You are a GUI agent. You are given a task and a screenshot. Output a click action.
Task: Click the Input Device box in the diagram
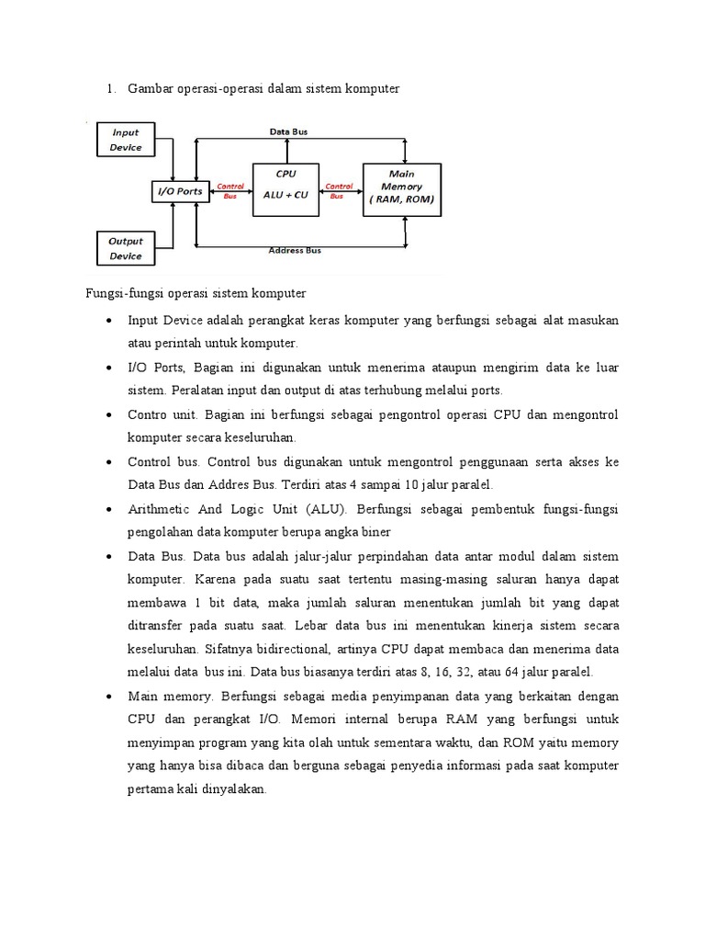coord(126,140)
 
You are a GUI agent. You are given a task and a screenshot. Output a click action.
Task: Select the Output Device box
coord(126,248)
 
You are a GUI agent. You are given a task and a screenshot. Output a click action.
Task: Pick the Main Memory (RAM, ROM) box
coord(401,189)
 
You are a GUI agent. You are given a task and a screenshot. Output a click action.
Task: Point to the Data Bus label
coord(288,132)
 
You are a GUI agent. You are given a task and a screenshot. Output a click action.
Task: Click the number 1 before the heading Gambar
coord(109,88)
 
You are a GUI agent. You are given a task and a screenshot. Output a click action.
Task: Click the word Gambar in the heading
coord(151,88)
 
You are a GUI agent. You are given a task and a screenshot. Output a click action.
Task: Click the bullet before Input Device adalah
coord(109,321)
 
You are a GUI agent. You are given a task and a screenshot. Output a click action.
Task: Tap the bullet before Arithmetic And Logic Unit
coord(109,510)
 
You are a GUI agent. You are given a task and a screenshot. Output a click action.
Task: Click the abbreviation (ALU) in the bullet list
coord(328,509)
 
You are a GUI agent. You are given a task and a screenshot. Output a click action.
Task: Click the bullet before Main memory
coord(109,695)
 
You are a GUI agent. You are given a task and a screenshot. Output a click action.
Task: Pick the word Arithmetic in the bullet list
coord(160,509)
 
